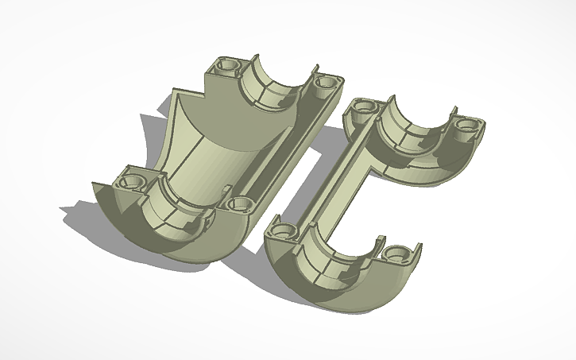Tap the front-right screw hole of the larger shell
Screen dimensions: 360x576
click(x=238, y=203)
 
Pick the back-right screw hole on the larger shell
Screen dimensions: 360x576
click(x=325, y=82)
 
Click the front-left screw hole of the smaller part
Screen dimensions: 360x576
click(x=280, y=231)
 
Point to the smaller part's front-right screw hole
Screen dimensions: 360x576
click(x=397, y=254)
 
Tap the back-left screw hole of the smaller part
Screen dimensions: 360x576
click(x=363, y=106)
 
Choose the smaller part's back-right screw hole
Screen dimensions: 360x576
click(x=463, y=125)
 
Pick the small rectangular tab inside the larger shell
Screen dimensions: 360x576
click(x=229, y=188)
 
